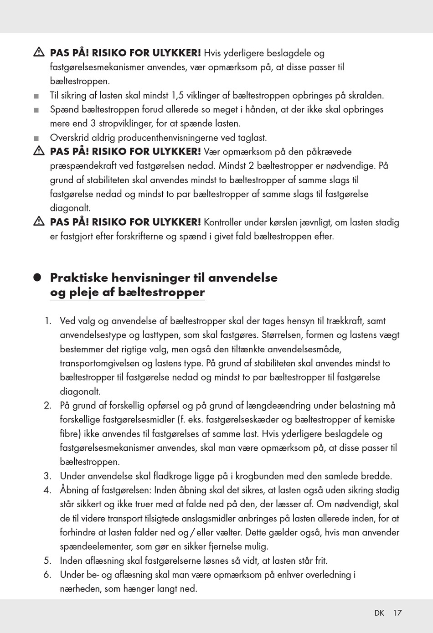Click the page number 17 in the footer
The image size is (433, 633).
[397, 613]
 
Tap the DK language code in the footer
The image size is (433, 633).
[379, 613]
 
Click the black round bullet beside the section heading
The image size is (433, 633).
[37, 278]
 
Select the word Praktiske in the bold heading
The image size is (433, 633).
[79, 278]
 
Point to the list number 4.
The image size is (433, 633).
[47, 490]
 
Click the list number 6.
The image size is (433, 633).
[47, 575]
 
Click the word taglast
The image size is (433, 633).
[252, 138]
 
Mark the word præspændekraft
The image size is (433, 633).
[81, 166]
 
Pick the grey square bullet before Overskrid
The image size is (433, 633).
[37, 138]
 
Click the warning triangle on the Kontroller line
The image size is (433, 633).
[38, 222]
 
